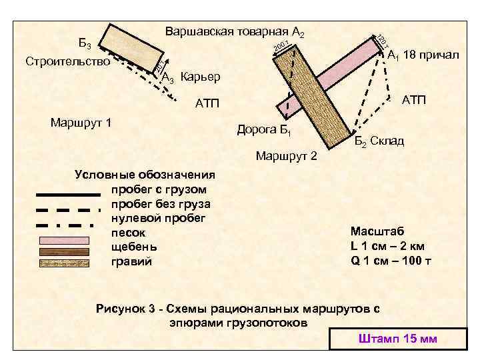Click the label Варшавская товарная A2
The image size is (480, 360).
tap(234, 32)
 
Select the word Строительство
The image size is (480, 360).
tap(67, 62)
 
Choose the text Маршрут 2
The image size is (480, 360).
tap(287, 157)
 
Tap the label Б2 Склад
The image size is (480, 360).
tap(379, 141)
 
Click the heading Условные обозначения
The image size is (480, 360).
tap(145, 175)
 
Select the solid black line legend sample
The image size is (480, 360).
tap(66, 195)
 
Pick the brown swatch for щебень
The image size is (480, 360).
tap(66, 251)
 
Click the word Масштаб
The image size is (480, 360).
tap(376, 231)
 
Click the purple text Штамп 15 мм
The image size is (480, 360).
tap(397, 339)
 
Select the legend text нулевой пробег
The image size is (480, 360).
tap(159, 218)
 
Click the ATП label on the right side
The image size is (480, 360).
tap(413, 100)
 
